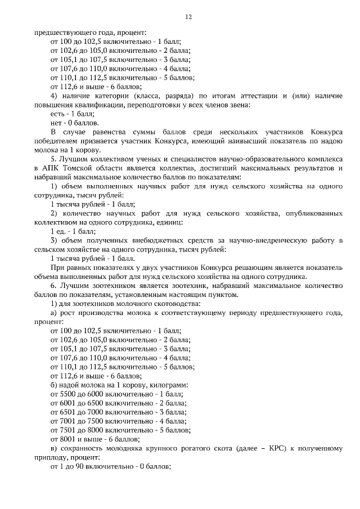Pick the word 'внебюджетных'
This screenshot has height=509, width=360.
pos(156,240)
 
